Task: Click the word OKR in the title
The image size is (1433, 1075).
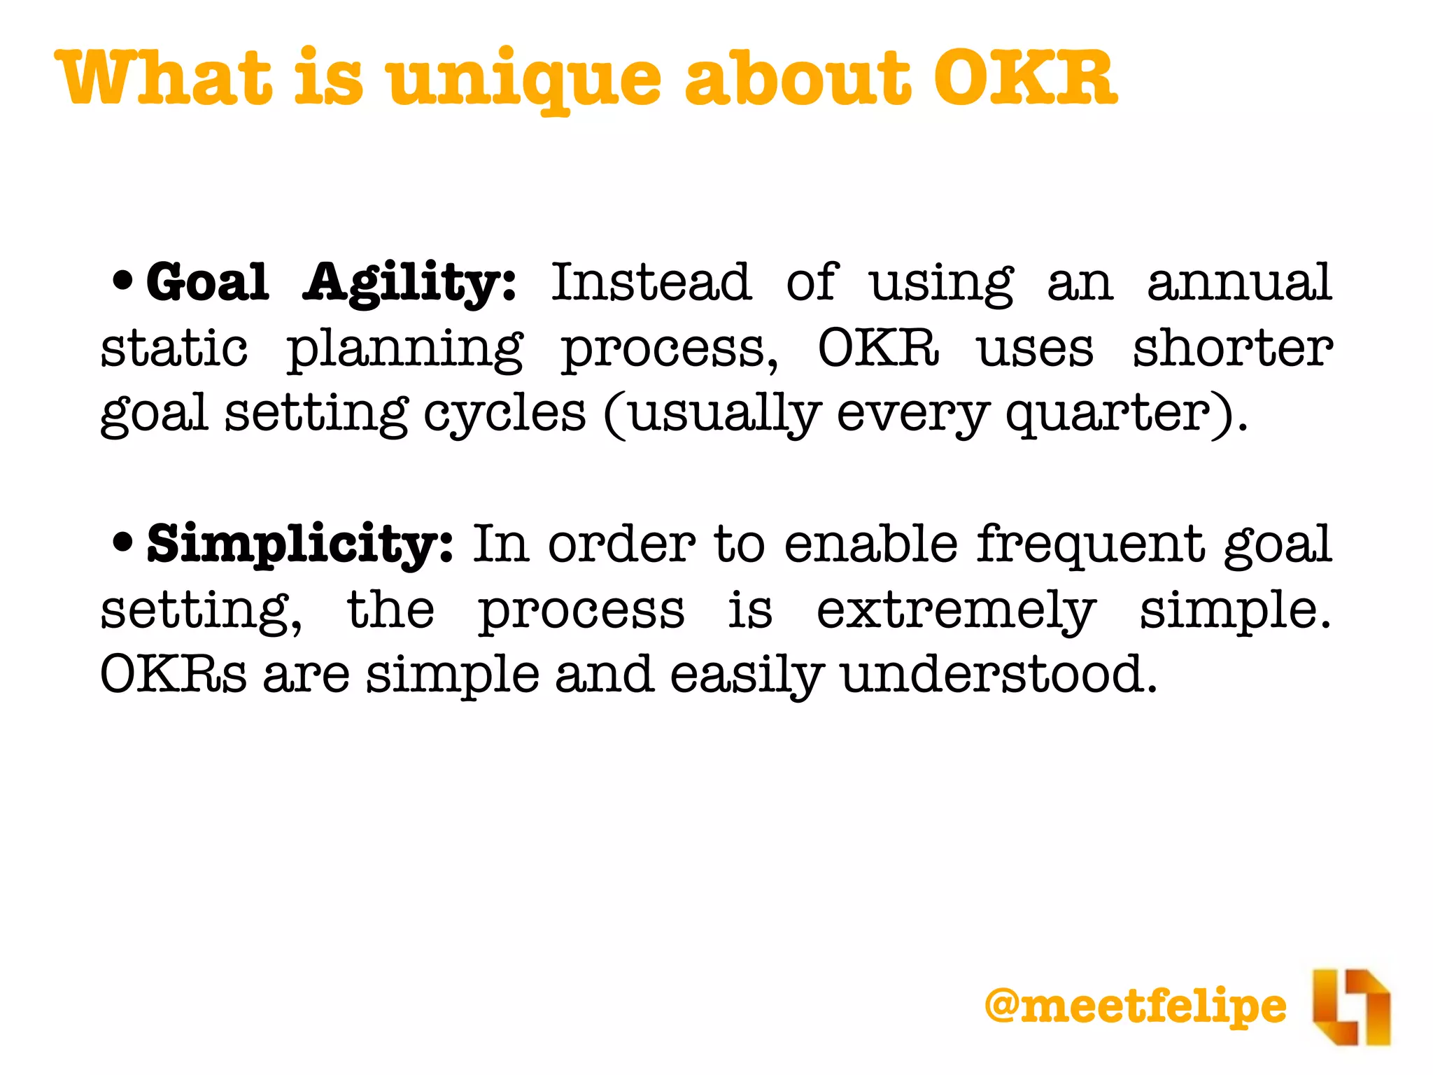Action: point(1025,78)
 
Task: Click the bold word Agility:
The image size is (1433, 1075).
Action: point(409,284)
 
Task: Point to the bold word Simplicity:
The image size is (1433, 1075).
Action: point(300,544)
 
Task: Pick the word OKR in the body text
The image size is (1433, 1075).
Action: point(878,348)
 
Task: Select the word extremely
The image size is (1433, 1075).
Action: point(956,610)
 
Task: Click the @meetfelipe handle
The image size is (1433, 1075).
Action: point(1135,1006)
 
